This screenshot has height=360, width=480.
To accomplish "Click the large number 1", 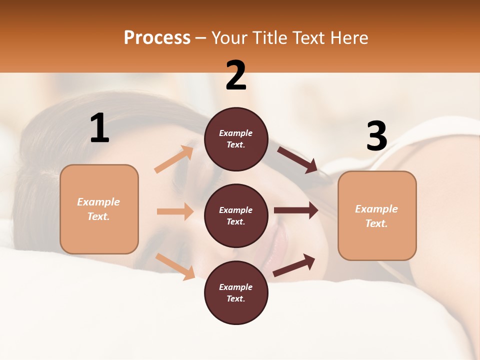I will [x=99, y=128].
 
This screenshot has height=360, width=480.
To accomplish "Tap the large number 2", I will [x=236, y=75].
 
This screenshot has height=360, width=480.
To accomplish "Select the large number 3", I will [x=376, y=136].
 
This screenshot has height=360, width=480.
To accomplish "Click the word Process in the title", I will [x=157, y=37].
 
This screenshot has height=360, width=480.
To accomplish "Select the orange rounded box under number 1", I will [x=99, y=209].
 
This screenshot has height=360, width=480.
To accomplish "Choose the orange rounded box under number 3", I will [x=377, y=215].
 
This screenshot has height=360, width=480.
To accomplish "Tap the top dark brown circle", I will [x=236, y=139].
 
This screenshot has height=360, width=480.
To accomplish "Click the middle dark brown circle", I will [x=236, y=215].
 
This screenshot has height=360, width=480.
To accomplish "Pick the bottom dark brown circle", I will [x=236, y=292].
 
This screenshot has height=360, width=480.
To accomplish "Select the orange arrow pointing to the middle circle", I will [x=175, y=211].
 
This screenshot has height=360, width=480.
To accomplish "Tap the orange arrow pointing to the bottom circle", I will [x=175, y=266].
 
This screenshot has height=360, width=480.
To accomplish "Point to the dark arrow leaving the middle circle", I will [x=296, y=210].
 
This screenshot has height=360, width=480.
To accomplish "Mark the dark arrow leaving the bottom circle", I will [x=294, y=265].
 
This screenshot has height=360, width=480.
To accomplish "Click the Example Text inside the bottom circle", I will [x=235, y=292].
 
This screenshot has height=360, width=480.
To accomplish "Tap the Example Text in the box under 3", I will [x=376, y=216].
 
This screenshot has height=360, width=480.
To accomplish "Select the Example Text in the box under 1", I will [x=98, y=209].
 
